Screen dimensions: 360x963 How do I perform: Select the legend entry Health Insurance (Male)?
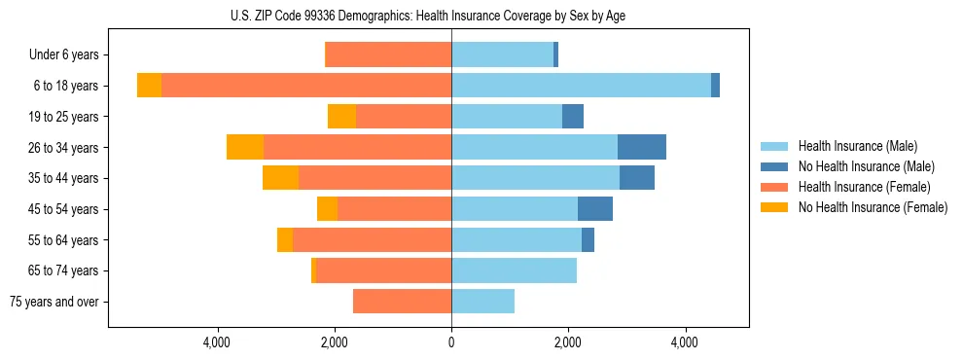[x=857, y=146]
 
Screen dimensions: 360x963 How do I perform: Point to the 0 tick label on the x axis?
[x=451, y=342]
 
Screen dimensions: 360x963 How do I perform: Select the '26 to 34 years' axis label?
[x=63, y=148]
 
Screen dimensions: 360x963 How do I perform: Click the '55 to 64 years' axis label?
[x=63, y=240]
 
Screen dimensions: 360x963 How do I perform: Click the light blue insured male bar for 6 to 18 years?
[x=581, y=86]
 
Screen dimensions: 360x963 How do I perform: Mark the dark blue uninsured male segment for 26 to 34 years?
[x=642, y=147]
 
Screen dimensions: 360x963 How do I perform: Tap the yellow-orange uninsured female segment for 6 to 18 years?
[x=149, y=86]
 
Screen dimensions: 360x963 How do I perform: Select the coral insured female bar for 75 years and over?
[x=402, y=302]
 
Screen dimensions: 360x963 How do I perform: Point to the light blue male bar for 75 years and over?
[x=482, y=302]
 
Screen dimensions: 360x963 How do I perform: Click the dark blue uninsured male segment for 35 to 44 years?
[x=637, y=178]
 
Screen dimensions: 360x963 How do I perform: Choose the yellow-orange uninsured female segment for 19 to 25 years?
[x=341, y=117]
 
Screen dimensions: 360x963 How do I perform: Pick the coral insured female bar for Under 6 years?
[x=388, y=55]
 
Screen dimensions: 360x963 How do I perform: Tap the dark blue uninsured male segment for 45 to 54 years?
[x=595, y=209]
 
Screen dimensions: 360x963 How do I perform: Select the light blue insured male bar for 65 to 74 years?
[x=514, y=270]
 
